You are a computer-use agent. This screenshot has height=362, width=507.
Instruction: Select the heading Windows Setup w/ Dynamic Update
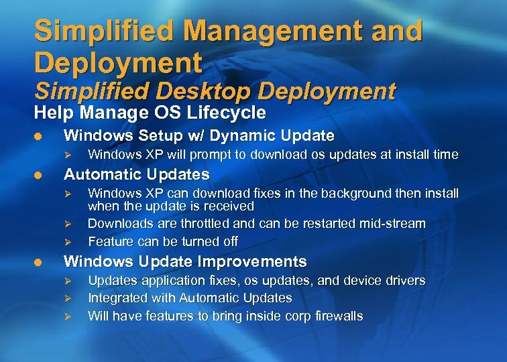click(x=199, y=136)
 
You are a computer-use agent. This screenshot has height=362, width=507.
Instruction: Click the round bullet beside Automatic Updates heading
click(x=39, y=176)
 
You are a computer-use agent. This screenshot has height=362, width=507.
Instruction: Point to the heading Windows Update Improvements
click(x=184, y=261)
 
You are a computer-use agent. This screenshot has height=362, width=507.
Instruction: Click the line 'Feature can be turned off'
click(x=163, y=241)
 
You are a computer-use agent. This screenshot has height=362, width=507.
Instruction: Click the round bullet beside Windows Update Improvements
click(x=39, y=262)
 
